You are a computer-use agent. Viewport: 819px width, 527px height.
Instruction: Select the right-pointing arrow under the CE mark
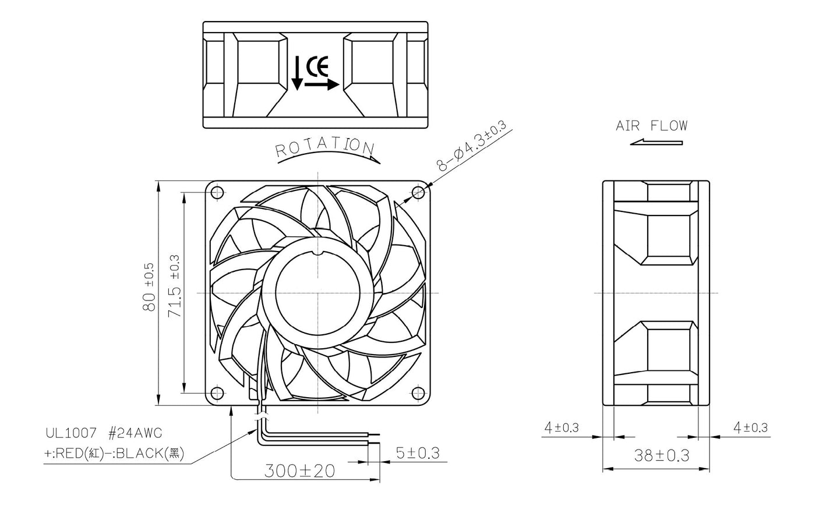click(x=322, y=85)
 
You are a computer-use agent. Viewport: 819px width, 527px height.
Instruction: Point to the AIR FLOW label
click(x=651, y=126)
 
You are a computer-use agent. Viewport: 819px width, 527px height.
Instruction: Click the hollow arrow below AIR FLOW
click(x=655, y=142)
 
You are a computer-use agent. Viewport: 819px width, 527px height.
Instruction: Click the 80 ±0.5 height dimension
click(x=149, y=287)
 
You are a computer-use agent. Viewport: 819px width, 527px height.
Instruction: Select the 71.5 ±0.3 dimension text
click(x=174, y=287)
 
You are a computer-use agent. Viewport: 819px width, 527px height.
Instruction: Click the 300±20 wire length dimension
click(x=300, y=471)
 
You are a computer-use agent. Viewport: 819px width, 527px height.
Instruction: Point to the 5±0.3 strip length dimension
click(x=417, y=452)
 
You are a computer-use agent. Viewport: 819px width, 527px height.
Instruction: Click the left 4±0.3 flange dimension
click(x=561, y=428)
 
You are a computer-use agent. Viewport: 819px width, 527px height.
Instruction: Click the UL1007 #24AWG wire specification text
click(x=104, y=433)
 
